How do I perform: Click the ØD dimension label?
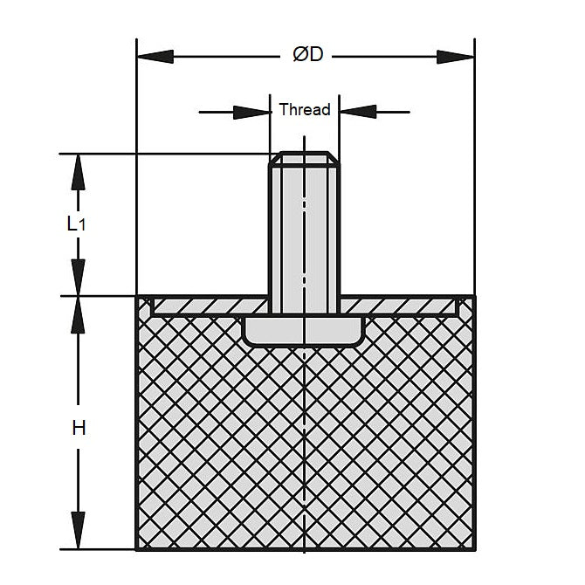(308, 55)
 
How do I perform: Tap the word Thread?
(305, 110)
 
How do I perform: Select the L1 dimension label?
(76, 224)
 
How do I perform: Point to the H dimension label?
(79, 428)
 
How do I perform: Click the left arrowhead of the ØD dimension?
(155, 57)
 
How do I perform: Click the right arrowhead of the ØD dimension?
(455, 57)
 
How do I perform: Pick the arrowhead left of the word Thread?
(251, 112)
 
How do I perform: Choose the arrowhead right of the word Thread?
(358, 112)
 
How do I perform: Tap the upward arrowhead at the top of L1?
(78, 172)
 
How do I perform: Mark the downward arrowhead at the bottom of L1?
(78, 278)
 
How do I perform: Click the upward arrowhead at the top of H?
(78, 315)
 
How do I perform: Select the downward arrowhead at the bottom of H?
(78, 530)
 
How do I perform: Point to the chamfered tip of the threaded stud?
(305, 158)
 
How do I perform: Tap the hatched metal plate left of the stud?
(211, 306)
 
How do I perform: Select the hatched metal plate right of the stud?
(399, 306)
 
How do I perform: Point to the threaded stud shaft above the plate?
(305, 231)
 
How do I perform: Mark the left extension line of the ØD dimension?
(136, 167)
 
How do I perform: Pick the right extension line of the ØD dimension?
(475, 167)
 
